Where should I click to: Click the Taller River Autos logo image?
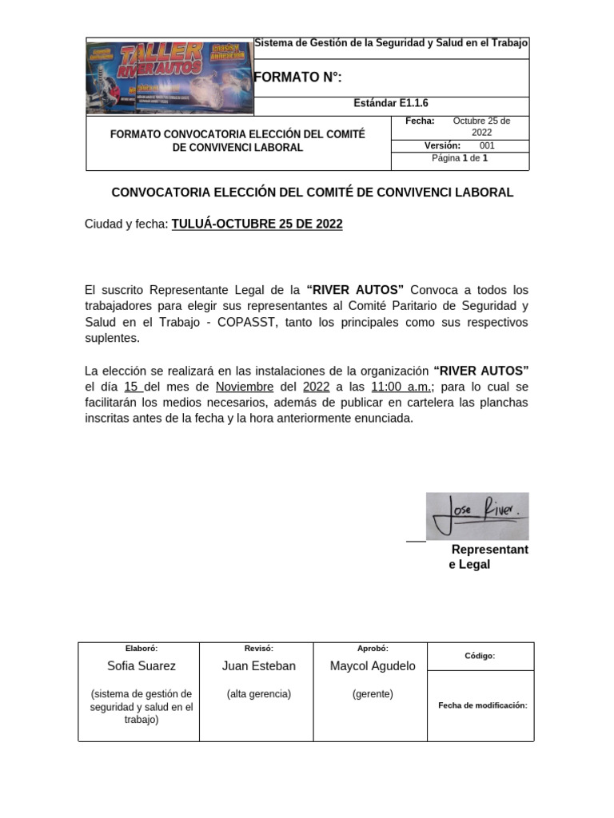click(x=169, y=77)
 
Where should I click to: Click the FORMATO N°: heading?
click(x=297, y=77)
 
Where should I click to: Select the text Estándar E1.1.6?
click(x=391, y=104)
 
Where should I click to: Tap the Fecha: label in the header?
click(x=420, y=121)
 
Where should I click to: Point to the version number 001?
click(x=487, y=145)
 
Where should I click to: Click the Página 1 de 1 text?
click(x=460, y=158)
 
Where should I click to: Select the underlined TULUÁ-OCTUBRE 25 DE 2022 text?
click(x=257, y=224)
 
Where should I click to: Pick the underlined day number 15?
click(x=132, y=387)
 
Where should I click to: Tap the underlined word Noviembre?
click(x=245, y=387)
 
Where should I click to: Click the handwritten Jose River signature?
click(x=477, y=515)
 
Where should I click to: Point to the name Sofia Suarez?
click(x=142, y=666)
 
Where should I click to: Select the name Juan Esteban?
click(x=258, y=666)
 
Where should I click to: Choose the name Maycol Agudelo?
click(x=373, y=666)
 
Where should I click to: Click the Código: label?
click(x=480, y=656)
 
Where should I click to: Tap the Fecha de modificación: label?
click(x=483, y=705)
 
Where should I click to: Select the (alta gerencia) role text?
click(x=258, y=694)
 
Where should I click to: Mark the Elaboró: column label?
click(x=142, y=649)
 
